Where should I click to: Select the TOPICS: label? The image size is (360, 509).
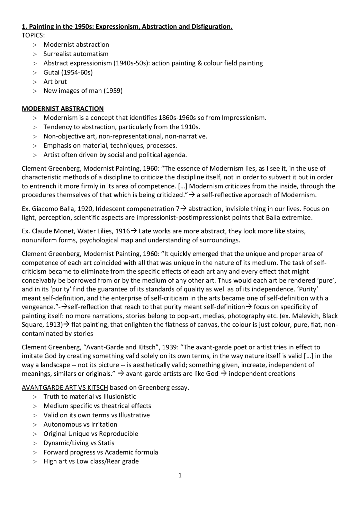coord(33,35)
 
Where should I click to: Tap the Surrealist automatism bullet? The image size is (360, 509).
coord(76,54)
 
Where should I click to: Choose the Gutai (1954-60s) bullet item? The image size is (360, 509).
coord(68,72)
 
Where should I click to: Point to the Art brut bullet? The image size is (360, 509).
coord(55,82)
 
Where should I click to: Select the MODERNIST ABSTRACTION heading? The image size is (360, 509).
coord(63,108)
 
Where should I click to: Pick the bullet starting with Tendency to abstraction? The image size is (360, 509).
coord(122,127)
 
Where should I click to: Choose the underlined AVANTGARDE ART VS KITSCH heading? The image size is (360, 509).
coord(65,388)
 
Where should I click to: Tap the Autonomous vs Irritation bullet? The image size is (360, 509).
coord(80,424)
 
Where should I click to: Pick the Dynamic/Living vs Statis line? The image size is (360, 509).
coord(79,443)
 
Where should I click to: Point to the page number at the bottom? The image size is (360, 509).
coord(180,476)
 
